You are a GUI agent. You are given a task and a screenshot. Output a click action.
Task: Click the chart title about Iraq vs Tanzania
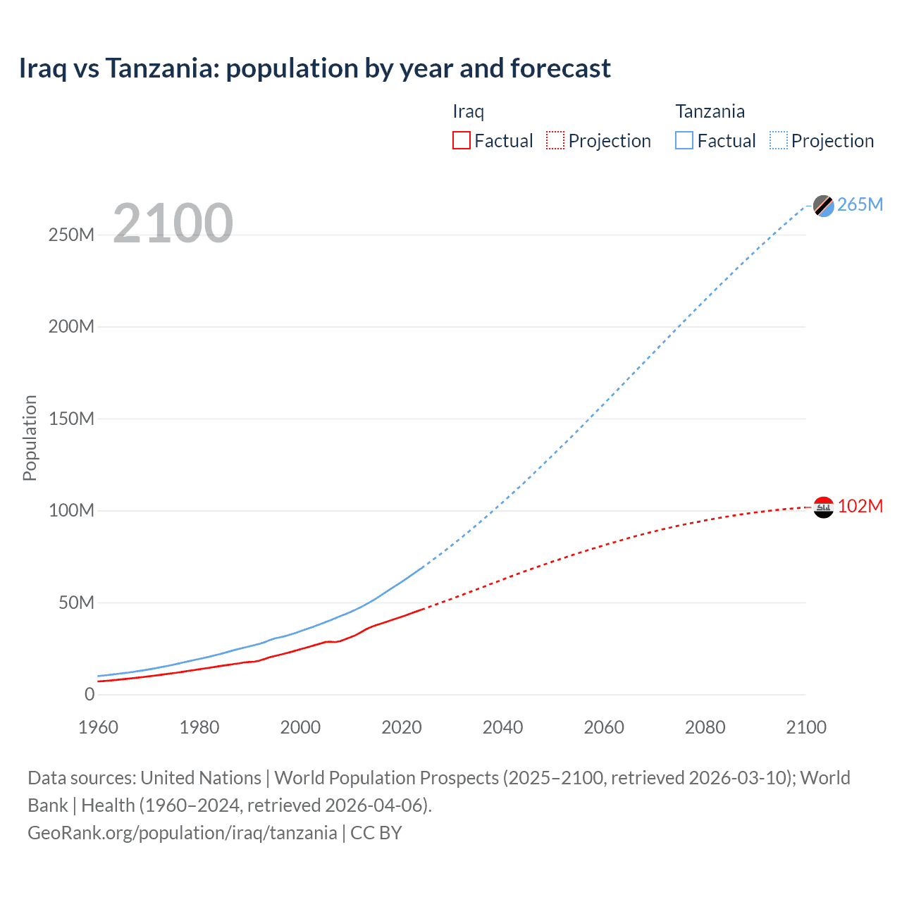pos(314,68)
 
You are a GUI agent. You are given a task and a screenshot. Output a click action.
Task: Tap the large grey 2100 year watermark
pos(173,223)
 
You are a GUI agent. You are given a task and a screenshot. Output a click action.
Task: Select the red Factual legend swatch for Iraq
pos(461,140)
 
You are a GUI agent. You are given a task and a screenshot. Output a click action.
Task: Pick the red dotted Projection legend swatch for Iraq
pos(555,140)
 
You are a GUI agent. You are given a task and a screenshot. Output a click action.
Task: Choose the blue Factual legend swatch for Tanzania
pos(684,140)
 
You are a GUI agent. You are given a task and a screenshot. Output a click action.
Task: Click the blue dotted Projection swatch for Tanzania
pos(779,140)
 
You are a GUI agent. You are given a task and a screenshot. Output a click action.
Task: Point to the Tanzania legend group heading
pos(710,111)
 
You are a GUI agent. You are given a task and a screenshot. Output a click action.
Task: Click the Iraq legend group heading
pos(468,111)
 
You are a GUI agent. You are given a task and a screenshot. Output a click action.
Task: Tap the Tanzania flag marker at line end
pos(823,205)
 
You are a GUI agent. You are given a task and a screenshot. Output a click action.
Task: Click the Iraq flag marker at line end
pos(823,507)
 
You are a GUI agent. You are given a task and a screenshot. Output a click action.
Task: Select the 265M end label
pos(860,204)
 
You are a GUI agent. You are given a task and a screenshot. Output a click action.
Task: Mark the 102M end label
pos(860,507)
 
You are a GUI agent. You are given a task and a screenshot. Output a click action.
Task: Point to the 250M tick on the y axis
pos(71,235)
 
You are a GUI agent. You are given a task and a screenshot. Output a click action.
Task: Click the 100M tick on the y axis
pos(71,510)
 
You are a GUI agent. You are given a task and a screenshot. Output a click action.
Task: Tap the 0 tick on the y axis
pos(89,694)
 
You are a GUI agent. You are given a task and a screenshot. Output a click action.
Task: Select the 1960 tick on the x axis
pos(98,727)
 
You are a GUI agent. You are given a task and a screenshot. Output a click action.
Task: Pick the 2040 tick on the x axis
pos(502,727)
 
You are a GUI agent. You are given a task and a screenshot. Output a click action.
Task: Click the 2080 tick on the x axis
pos(705,727)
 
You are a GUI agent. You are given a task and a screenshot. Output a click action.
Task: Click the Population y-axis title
pos(30,438)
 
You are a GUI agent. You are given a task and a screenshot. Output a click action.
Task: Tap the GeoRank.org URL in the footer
pos(182,833)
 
